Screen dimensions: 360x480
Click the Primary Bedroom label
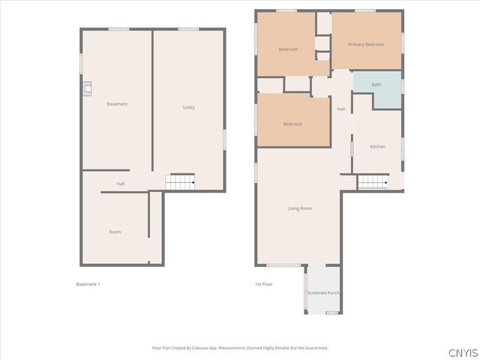point(366,44)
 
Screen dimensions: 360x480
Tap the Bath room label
point(376,85)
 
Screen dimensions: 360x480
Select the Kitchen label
point(378,146)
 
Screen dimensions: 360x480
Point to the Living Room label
point(300,208)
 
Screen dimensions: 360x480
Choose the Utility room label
point(189,107)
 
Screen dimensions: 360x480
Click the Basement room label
point(117,103)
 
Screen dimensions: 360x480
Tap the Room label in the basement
point(115,232)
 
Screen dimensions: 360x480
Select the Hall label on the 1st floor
point(341,109)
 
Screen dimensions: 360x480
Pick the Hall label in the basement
point(120,184)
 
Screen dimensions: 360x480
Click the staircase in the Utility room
point(180,182)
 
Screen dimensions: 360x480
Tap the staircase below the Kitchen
point(373,181)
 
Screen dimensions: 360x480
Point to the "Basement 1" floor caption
point(88,284)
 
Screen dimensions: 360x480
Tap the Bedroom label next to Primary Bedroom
point(288,49)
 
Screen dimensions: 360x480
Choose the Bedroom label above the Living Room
point(292,124)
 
